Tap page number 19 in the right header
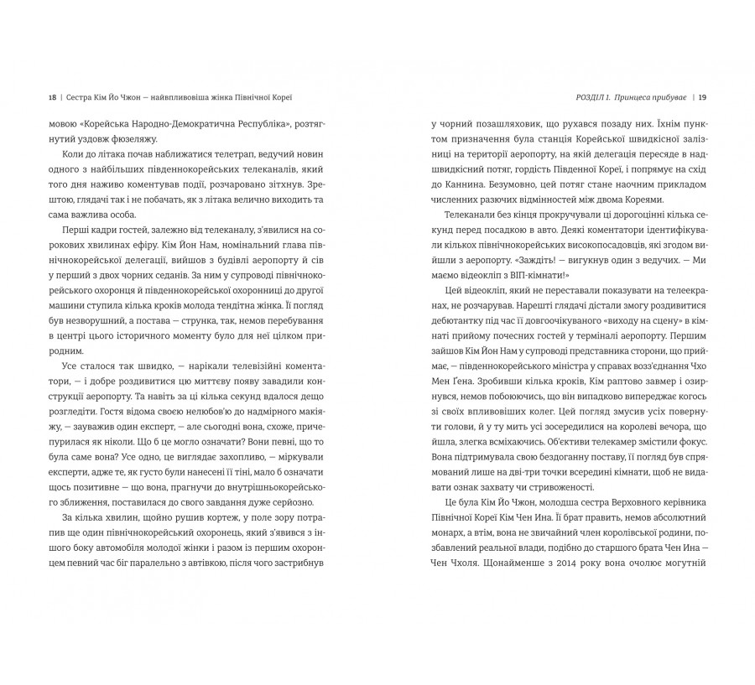703,95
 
